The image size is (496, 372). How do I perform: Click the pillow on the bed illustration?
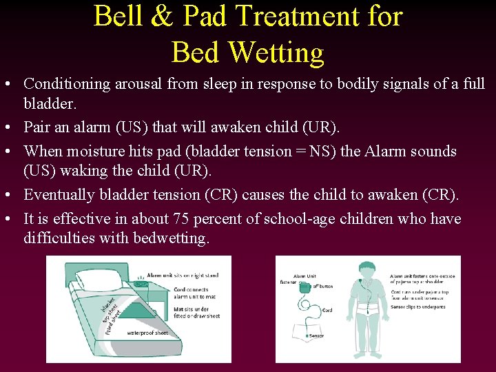click(96, 279)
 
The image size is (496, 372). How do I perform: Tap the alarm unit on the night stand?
click(142, 282)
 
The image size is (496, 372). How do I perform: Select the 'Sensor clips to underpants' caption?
click(418, 307)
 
